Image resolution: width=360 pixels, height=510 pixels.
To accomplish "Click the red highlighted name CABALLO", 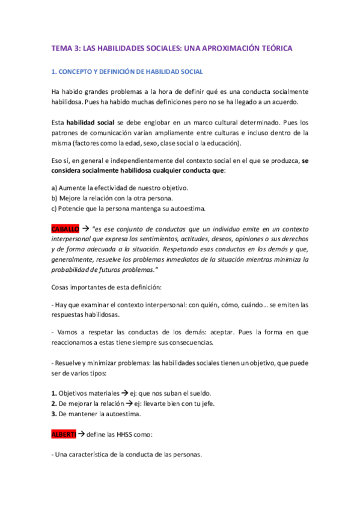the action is coord(64,229).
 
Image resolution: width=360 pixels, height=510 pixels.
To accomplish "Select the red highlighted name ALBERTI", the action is coord(63,434).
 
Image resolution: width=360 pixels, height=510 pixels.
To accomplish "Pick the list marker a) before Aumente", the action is coord(55,188).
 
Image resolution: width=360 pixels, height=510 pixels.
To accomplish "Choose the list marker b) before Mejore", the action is coord(55,198).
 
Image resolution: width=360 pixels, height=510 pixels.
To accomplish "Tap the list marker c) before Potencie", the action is coord(55,209).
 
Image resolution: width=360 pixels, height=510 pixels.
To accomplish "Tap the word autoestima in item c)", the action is coord(187,209).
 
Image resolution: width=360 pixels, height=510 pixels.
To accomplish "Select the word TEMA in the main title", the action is coord(61,48).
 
